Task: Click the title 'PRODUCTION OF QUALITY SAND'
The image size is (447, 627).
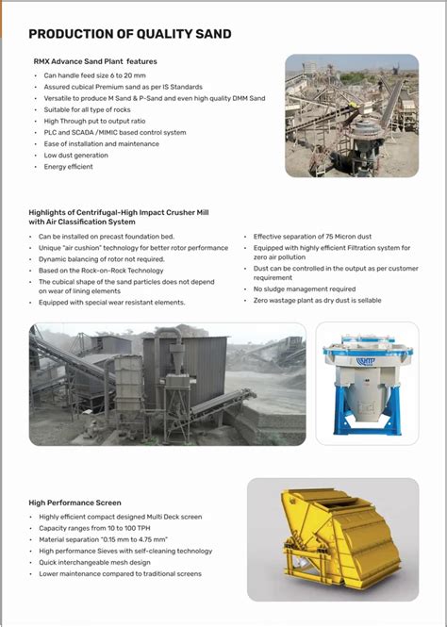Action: (129, 35)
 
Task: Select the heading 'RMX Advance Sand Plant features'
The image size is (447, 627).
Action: (95, 61)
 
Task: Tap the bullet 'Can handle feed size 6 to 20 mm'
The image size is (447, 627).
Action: (93, 74)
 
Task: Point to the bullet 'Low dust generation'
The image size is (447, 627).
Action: (75, 155)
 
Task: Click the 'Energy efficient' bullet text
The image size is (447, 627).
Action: (69, 167)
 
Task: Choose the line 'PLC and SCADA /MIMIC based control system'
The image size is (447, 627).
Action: (115, 132)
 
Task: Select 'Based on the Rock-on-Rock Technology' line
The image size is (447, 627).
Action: (101, 270)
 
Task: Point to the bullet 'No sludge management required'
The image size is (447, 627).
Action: (304, 289)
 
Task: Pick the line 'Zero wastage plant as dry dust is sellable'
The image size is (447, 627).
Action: (318, 300)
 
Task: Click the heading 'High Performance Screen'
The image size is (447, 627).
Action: (74, 503)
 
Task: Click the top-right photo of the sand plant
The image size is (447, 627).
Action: (351, 115)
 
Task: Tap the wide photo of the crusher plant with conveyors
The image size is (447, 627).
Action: (167, 384)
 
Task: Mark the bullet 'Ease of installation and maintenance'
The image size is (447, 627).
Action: (101, 143)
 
